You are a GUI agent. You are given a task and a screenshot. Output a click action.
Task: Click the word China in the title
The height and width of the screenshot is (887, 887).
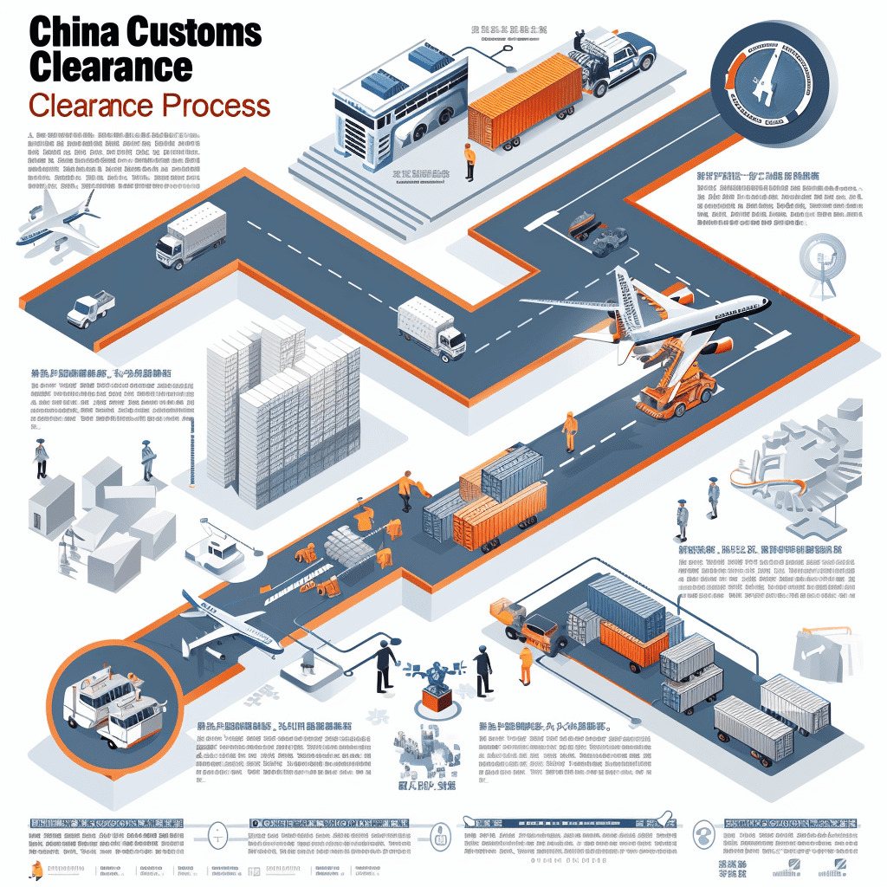pyautogui.click(x=73, y=32)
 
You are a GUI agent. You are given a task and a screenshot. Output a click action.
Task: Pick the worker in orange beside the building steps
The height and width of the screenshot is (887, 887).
pyautogui.click(x=469, y=162)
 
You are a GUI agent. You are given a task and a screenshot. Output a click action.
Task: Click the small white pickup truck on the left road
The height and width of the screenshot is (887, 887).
pyautogui.click(x=90, y=308)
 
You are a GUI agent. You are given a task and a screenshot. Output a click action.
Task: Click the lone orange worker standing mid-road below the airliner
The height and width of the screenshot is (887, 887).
pyautogui.click(x=569, y=431)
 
